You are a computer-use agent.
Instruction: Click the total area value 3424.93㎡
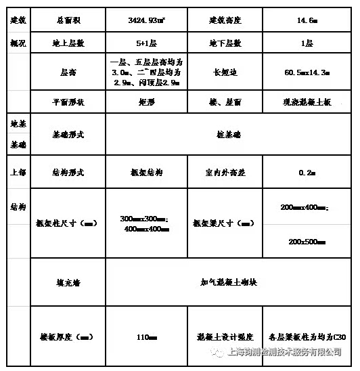(x=147, y=20)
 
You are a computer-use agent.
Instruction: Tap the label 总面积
(x=68, y=20)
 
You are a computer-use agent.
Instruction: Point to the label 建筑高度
(x=225, y=20)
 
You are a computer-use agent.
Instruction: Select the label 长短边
(x=225, y=71)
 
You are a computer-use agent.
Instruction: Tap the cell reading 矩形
(x=146, y=102)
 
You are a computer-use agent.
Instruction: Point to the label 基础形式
(x=68, y=135)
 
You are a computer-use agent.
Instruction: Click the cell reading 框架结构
(x=146, y=173)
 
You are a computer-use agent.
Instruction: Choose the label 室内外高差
(x=225, y=173)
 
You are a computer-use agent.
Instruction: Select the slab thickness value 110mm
(x=146, y=336)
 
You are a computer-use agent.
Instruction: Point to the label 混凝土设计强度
(x=225, y=336)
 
